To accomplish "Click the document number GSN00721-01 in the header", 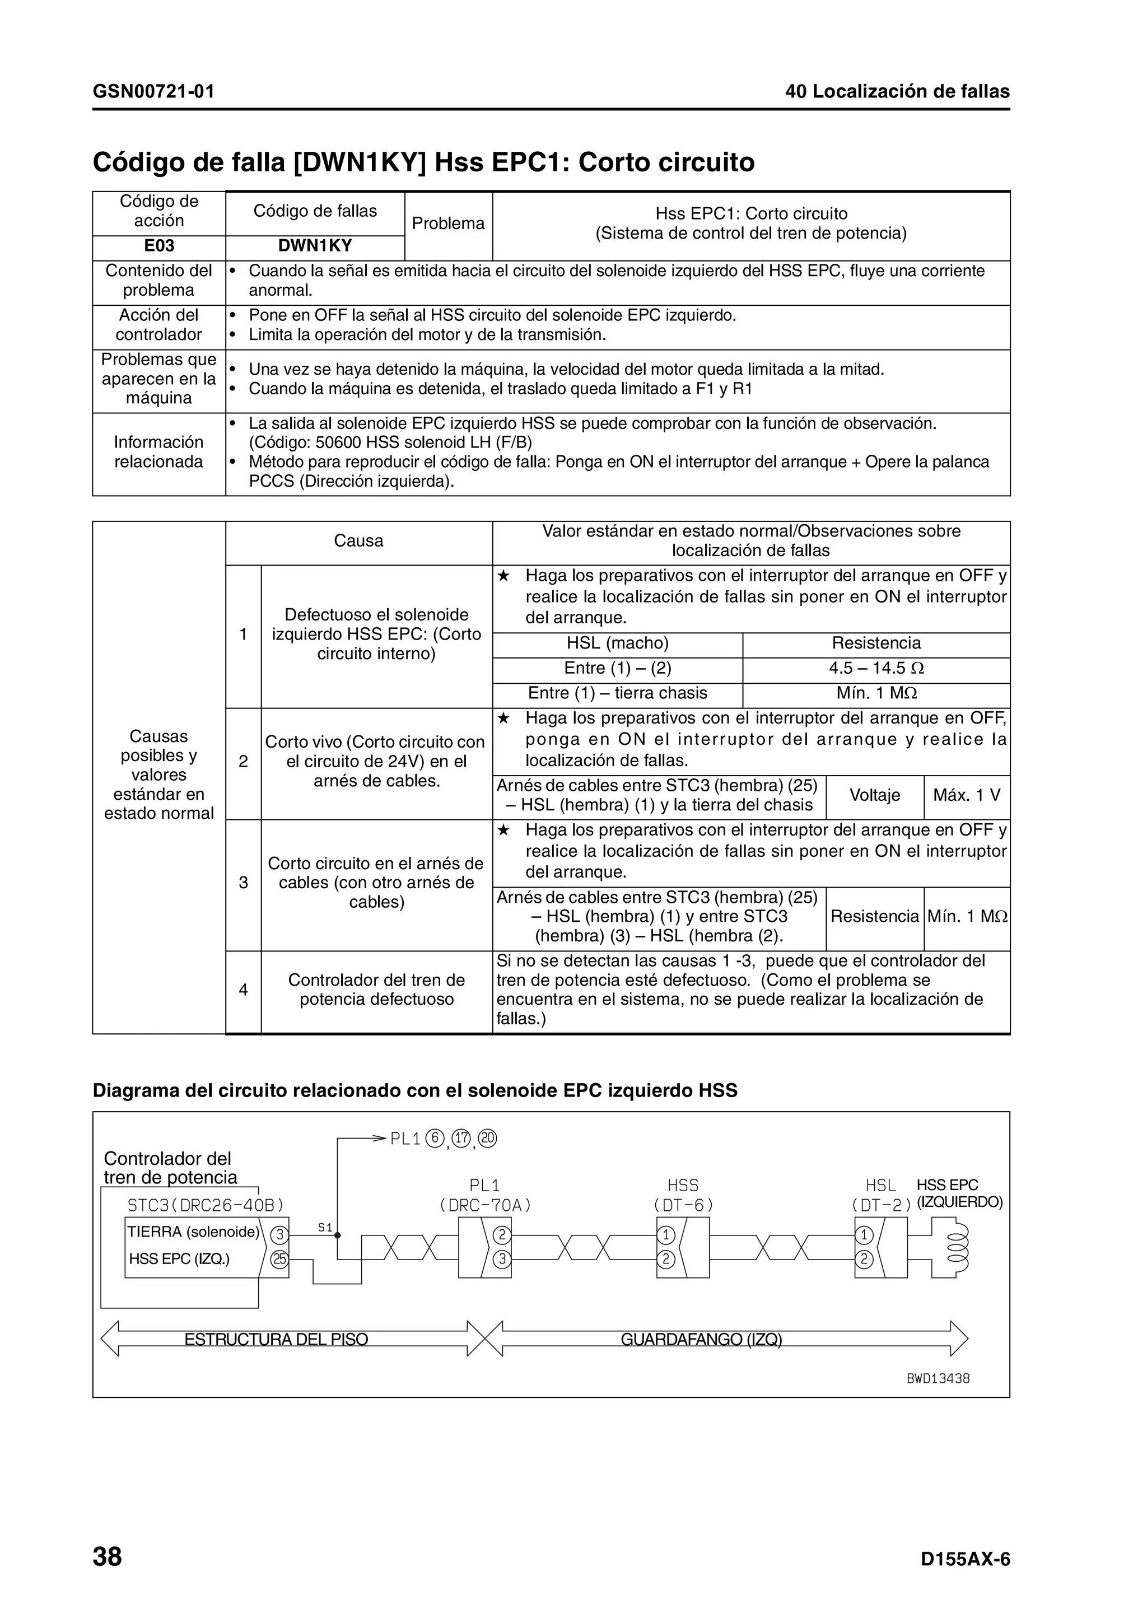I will pyautogui.click(x=153, y=91).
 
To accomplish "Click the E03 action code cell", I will pyautogui.click(x=158, y=245).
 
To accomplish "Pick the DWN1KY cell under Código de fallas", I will pyautogui.click(x=315, y=245).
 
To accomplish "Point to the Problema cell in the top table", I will pyautogui.click(x=448, y=223).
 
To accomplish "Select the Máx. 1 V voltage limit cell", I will pyautogui.click(x=966, y=795).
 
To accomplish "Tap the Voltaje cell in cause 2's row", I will pyautogui.click(x=874, y=795).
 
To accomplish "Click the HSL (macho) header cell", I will pyautogui.click(x=617, y=642).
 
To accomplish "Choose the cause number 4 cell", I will pyautogui.click(x=243, y=990).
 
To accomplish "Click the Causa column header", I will pyautogui.click(x=358, y=541).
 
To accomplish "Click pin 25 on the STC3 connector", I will pyautogui.click(x=280, y=1259).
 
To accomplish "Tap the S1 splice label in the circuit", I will pyautogui.click(x=324, y=1228).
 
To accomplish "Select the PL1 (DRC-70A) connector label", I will pyautogui.click(x=485, y=1195).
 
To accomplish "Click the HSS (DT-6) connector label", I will pyautogui.click(x=683, y=1195).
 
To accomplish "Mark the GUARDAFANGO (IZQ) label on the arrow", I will pyautogui.click(x=701, y=1339).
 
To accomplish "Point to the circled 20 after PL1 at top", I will pyautogui.click(x=488, y=1139).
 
